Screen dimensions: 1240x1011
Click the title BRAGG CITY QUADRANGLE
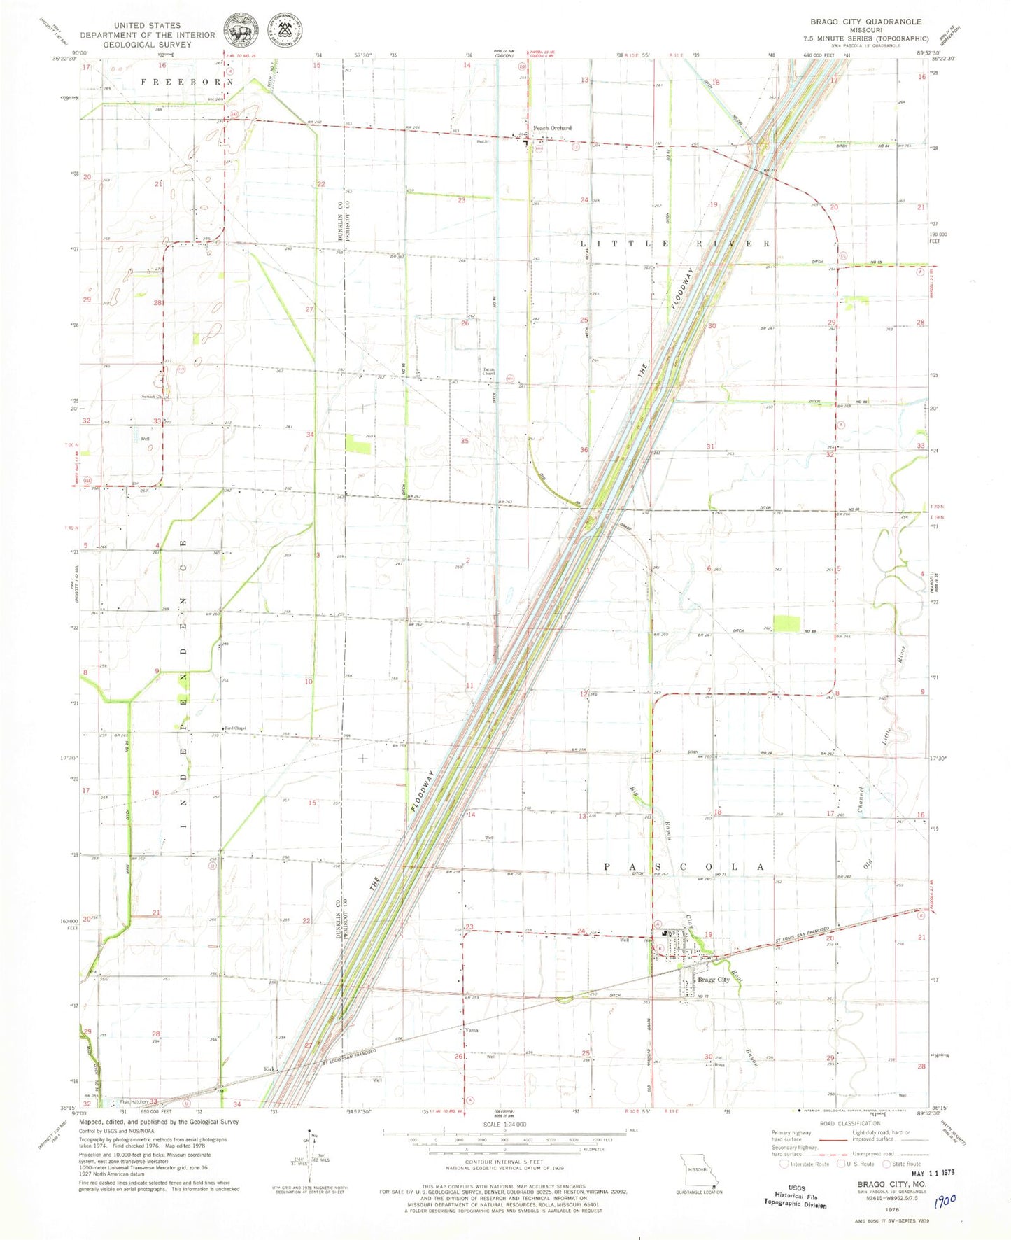[x=865, y=22]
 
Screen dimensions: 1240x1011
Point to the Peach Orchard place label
[x=552, y=128]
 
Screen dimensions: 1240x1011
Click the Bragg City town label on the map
[x=713, y=980]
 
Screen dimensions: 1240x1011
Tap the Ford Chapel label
[x=235, y=728]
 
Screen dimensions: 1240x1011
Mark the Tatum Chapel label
[x=488, y=372]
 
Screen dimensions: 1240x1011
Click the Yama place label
[x=472, y=1030]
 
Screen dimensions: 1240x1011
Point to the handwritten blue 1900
[x=945, y=1199]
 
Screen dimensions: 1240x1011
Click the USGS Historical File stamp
[x=796, y=1196]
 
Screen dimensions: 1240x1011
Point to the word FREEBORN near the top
[x=185, y=82]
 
